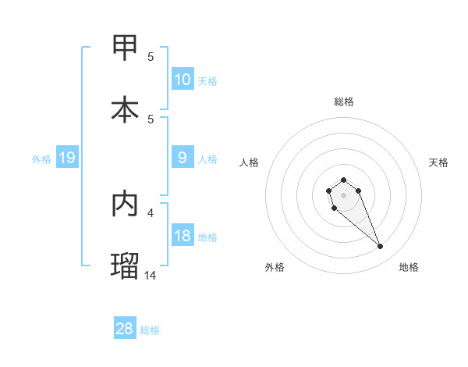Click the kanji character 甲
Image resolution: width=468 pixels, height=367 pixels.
point(126,47)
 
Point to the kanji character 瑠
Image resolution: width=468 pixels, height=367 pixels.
point(126,265)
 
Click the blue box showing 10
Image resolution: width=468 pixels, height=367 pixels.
point(182,80)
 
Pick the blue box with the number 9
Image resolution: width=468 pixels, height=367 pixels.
point(182,158)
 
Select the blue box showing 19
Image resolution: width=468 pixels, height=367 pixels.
point(66,159)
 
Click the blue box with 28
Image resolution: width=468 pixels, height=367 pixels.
point(124,329)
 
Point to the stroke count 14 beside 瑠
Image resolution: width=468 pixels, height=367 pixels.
point(151,275)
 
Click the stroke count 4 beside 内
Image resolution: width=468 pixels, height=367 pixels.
point(151,212)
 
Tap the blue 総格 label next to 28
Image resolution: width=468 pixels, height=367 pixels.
point(150,330)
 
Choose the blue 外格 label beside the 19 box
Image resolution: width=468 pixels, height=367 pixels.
point(41,159)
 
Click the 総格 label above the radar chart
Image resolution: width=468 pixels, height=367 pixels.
point(343,102)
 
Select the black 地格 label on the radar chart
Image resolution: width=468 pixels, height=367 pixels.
point(409,267)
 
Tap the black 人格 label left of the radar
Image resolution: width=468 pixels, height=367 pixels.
point(250,162)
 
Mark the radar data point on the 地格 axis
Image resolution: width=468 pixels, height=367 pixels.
point(381,247)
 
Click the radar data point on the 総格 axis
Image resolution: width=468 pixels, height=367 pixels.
point(343,180)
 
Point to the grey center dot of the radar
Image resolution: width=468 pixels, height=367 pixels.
point(343,194)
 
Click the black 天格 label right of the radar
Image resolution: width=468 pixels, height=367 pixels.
point(438,162)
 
